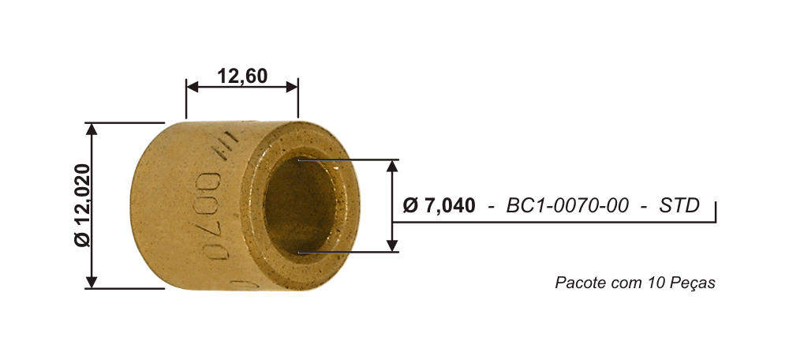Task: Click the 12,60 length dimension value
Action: pyautogui.click(x=242, y=76)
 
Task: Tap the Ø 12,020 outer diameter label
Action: pyautogui.click(x=83, y=205)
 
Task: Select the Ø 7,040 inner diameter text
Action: pyautogui.click(x=439, y=205)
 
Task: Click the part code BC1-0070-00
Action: pyautogui.click(x=567, y=205)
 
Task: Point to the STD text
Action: pyautogui.click(x=679, y=205)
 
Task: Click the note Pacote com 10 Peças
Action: pyautogui.click(x=635, y=283)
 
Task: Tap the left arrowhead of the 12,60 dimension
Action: pyautogui.click(x=193, y=87)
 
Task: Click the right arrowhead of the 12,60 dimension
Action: pyautogui.click(x=292, y=87)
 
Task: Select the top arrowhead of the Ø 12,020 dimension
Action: pyautogui.click(x=91, y=129)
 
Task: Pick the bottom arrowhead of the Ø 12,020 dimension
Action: pyautogui.click(x=91, y=282)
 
